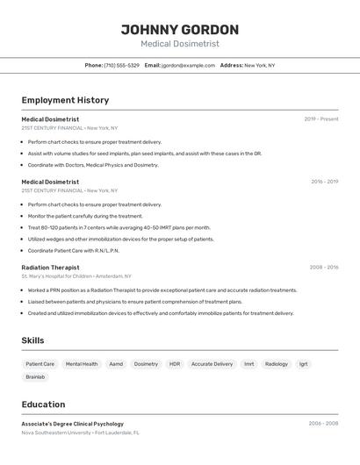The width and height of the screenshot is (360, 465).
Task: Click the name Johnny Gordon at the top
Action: [x=179, y=29]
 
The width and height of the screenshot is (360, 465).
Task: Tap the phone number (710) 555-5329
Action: [x=121, y=65]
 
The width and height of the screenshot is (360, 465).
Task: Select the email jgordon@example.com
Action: [x=188, y=65]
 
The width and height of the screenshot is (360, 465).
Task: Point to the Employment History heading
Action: [x=65, y=100]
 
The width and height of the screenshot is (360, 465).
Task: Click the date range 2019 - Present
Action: [x=321, y=118]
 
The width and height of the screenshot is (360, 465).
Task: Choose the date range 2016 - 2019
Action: [x=324, y=182]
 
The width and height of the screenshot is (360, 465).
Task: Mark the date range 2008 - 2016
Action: [x=324, y=268]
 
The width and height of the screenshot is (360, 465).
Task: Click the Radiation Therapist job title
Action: [x=50, y=268]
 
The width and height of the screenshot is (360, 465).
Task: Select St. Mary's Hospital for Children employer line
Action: [x=76, y=276]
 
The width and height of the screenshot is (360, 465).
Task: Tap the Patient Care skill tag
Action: [x=40, y=364]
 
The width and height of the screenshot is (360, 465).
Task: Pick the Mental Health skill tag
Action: [x=82, y=364]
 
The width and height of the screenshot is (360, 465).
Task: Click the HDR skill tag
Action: [x=175, y=364]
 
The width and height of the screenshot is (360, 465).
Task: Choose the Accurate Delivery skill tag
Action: [x=212, y=364]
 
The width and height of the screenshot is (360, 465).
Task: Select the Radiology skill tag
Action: [x=277, y=364]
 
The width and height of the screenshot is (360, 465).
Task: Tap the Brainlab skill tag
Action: [x=35, y=377]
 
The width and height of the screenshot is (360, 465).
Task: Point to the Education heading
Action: [x=43, y=404]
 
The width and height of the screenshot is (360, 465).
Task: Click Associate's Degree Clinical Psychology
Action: [x=72, y=424]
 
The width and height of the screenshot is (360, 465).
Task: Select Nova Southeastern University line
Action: [x=80, y=433]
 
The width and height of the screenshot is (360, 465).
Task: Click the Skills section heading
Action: [x=32, y=340]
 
